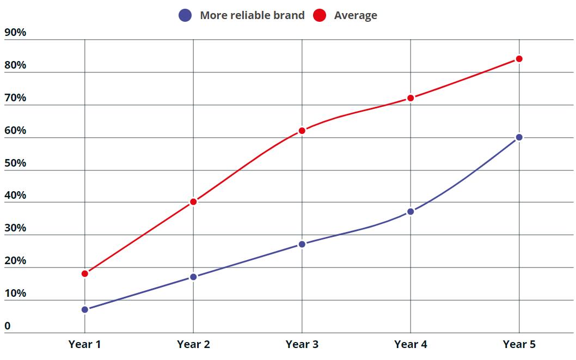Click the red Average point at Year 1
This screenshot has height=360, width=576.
85,273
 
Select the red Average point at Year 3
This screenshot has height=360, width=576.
302,131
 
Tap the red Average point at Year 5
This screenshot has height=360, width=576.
519,59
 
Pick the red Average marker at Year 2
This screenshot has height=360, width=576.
193,202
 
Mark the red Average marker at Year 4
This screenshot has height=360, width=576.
410,98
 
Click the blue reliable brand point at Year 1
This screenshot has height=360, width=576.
85,309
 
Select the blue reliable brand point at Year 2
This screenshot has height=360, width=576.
193,277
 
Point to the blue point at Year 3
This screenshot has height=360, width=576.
302,244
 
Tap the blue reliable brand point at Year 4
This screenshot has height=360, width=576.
410,211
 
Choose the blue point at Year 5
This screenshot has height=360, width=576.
519,137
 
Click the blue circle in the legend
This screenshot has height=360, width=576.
185,15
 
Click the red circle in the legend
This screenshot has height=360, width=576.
320,15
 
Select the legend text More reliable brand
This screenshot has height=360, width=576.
252,15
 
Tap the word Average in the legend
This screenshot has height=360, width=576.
356,15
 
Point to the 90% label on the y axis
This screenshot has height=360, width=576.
15,32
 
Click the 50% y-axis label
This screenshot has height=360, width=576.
15,163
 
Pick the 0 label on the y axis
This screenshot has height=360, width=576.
8,326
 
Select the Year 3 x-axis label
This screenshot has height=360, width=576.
302,344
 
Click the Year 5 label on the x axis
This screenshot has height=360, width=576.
519,344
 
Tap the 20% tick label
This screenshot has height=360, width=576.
15,260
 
